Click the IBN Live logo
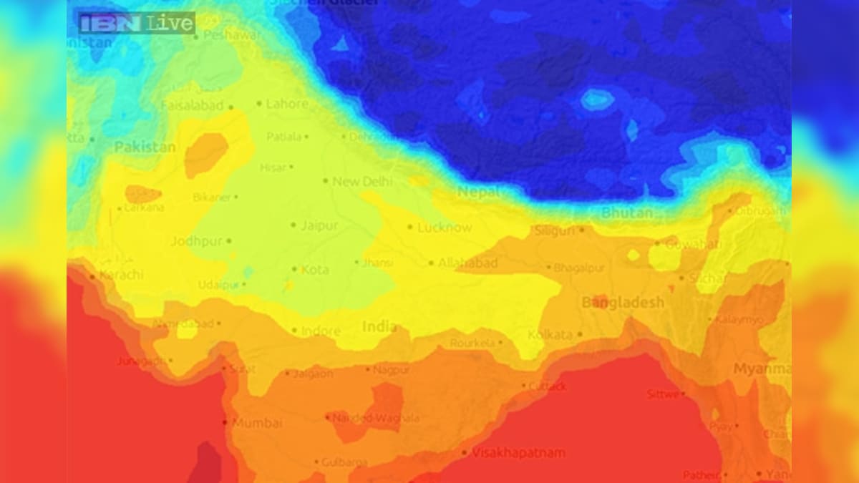tap(136, 23)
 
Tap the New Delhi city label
tap(362, 182)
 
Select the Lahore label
tap(287, 104)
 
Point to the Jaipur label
tap(319, 225)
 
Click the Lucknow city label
tap(445, 228)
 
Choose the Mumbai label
tap(257, 422)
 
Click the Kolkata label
tap(550, 334)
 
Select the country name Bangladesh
tap(623, 303)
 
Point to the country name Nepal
tap(479, 192)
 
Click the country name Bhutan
tap(627, 213)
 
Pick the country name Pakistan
tap(145, 147)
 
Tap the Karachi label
tap(121, 275)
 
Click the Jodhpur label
tap(196, 241)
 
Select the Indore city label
tap(321, 331)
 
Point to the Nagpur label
tap(392, 369)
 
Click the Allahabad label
tap(467, 263)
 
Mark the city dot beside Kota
tap(294, 269)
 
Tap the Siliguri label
tap(555, 230)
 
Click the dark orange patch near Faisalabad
tap(206, 155)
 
